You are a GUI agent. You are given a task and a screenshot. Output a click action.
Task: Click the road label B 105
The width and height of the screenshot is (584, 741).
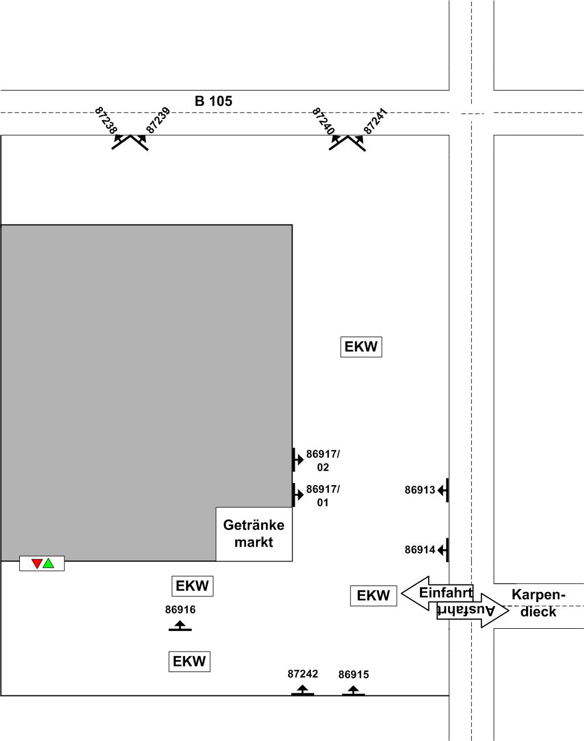pyautogui.click(x=213, y=101)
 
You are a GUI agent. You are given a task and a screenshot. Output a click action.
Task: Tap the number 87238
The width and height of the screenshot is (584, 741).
pyautogui.click(x=106, y=120)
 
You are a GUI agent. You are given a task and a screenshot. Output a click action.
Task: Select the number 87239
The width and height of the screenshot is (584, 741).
pyautogui.click(x=158, y=120)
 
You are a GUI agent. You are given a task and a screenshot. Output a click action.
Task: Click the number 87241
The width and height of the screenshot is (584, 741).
pyautogui.click(x=375, y=121)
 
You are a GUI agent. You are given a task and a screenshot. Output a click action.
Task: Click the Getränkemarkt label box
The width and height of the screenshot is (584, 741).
pyautogui.click(x=254, y=534)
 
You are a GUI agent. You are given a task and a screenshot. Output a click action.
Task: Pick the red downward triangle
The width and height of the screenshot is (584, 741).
pyautogui.click(x=37, y=563)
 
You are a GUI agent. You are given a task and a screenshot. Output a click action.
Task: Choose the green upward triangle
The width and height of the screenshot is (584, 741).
pyautogui.click(x=48, y=563)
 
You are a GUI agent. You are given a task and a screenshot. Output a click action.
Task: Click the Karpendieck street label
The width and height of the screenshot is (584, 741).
pyautogui.click(x=538, y=603)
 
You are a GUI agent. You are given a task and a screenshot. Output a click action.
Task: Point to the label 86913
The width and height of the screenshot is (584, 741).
pyautogui.click(x=420, y=490)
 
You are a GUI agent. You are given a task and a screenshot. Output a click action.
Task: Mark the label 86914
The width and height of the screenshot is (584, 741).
pyautogui.click(x=420, y=550)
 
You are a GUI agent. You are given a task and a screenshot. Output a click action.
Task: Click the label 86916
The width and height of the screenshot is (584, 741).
pyautogui.click(x=180, y=609)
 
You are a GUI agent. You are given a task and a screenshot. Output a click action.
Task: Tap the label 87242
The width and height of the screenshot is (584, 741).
pyautogui.click(x=302, y=674)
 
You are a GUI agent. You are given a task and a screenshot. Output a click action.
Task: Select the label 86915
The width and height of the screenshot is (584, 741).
pyautogui.click(x=353, y=674)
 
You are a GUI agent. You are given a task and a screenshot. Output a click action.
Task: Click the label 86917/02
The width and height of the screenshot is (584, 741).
pyautogui.click(x=323, y=461)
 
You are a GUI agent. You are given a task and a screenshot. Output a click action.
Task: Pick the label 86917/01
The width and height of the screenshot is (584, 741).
pyautogui.click(x=323, y=496)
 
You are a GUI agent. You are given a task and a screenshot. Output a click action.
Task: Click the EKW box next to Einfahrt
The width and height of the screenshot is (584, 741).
pyautogui.click(x=373, y=596)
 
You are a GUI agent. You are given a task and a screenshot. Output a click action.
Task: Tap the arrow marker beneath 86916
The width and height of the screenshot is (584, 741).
pyautogui.click(x=180, y=627)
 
